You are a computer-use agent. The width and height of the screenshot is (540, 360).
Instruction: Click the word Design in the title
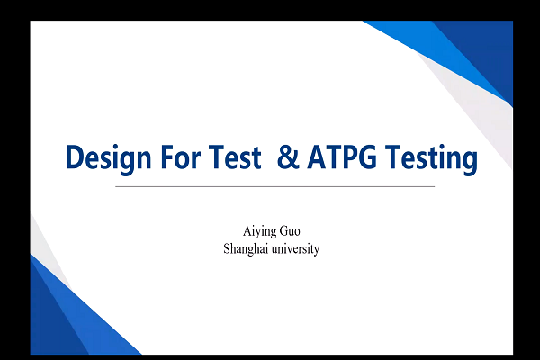pyautogui.click(x=108, y=159)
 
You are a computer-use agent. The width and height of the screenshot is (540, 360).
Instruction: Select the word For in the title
pyautogui.click(x=181, y=157)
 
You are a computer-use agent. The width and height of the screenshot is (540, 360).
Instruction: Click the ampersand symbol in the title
pyautogui.click(x=288, y=157)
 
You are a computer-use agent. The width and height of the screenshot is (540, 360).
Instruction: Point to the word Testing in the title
pyautogui.click(x=431, y=159)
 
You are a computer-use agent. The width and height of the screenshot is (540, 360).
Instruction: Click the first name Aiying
pyautogui.click(x=259, y=231)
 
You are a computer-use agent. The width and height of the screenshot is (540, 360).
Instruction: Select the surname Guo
pyautogui.click(x=290, y=231)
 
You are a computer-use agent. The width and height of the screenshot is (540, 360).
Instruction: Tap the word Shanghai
pyautogui.click(x=246, y=249)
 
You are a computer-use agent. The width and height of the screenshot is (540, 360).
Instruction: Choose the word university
pyautogui.click(x=295, y=249)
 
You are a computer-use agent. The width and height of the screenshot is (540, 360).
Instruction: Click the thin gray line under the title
pyautogui.click(x=274, y=186)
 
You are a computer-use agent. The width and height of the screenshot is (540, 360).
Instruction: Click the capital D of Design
pyautogui.click(x=75, y=157)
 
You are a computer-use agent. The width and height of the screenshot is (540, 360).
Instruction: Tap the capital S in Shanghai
pyautogui.click(x=227, y=248)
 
